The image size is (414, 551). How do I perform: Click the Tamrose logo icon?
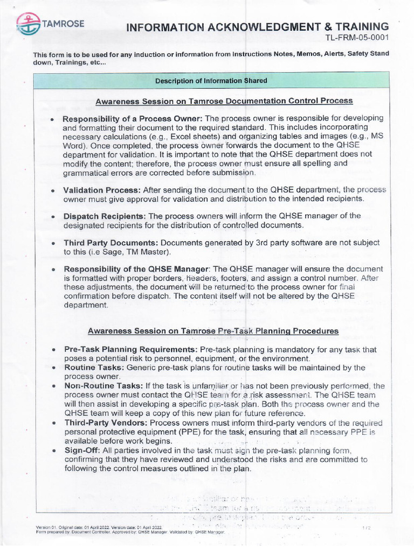pos(27,24)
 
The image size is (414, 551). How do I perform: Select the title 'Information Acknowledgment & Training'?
pos(257,26)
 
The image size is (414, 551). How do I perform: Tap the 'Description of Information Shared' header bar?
pos(211,81)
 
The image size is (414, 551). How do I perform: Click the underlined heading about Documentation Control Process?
pos(224,101)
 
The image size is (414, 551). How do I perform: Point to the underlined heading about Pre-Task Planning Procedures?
pos(213,331)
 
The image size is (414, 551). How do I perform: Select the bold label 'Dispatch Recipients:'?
pos(104,216)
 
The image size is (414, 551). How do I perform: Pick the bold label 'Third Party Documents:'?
pos(110,243)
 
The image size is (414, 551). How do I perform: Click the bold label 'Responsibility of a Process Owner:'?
pos(133,118)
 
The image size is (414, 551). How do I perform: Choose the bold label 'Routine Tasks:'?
pos(94,368)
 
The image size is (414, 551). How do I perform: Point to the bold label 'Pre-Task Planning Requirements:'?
pos(130,350)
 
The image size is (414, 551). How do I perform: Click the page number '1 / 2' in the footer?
pos(366,528)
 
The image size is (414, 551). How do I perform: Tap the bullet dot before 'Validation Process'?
pos(52,191)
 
